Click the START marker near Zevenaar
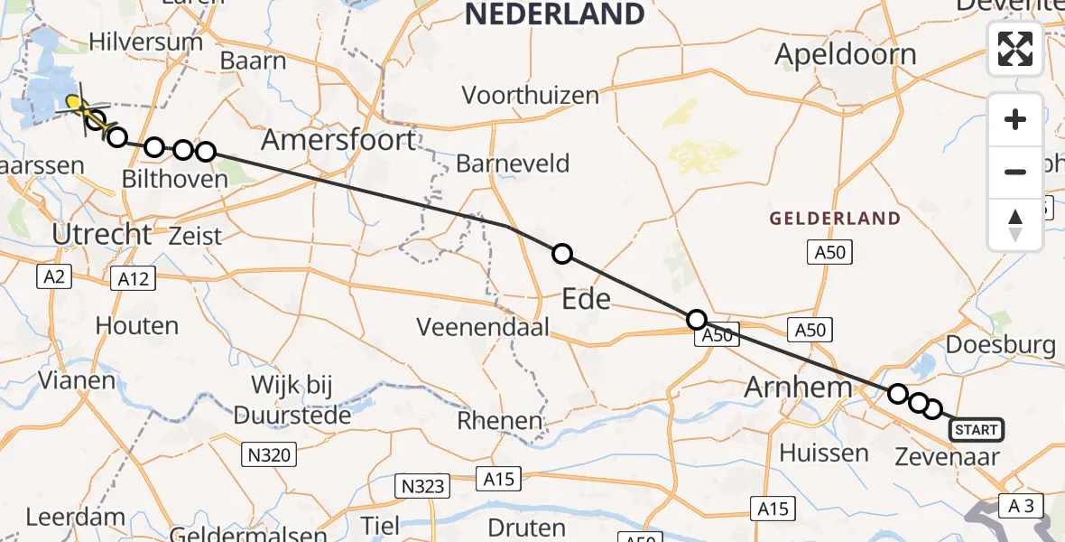(x=976, y=430)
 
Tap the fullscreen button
(x=1015, y=49)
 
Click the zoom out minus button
(x=1015, y=172)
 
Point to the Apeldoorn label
(x=846, y=54)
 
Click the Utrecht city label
(x=102, y=235)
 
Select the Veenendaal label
(x=484, y=327)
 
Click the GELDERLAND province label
(x=835, y=219)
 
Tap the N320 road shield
(x=268, y=454)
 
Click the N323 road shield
(x=422, y=487)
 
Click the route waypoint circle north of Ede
(x=562, y=254)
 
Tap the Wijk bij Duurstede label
(x=292, y=400)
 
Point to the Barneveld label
(x=513, y=164)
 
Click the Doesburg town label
(x=1001, y=344)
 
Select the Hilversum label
(x=146, y=42)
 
